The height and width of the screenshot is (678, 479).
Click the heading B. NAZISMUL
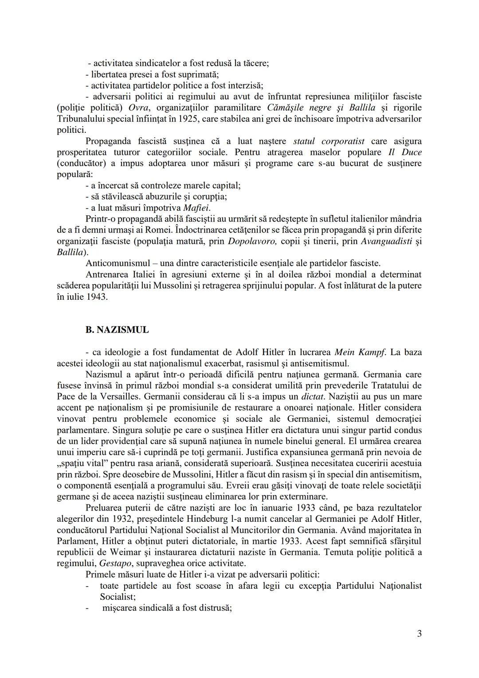click(117, 330)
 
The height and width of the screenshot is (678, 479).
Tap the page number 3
click(419, 634)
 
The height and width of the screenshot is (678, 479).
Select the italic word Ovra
click(138, 108)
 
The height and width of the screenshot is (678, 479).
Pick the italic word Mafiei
click(196, 208)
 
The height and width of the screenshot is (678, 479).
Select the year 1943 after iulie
click(95, 297)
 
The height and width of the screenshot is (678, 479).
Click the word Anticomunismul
click(115, 263)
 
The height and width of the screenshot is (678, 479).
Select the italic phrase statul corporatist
click(329, 141)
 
